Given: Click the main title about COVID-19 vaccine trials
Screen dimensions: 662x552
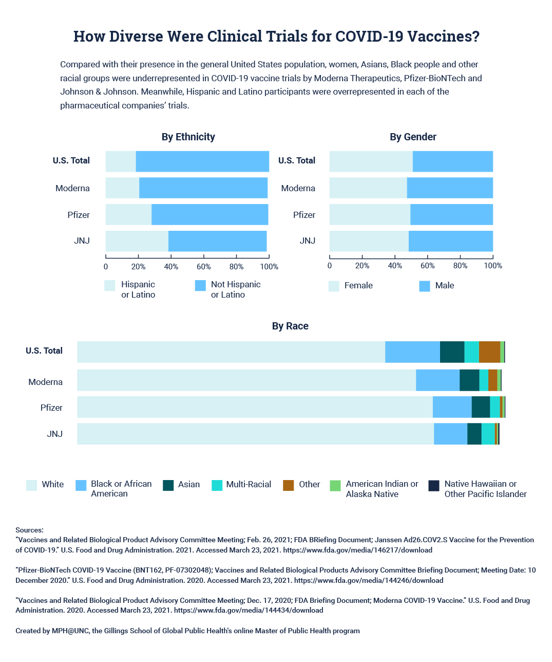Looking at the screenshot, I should [x=276, y=36].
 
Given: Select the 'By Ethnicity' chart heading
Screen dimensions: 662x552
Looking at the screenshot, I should [x=188, y=137].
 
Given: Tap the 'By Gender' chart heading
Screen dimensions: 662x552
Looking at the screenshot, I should [x=413, y=137].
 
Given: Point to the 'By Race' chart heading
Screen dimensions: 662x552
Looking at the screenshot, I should [x=290, y=326].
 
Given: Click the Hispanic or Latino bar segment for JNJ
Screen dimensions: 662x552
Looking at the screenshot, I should [x=137, y=241].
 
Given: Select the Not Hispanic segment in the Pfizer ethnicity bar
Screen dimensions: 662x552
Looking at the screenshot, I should [x=210, y=214].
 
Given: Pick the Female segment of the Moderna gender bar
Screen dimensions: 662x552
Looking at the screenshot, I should [x=368, y=188].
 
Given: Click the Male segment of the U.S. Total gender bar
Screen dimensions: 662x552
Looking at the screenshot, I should [x=452, y=161].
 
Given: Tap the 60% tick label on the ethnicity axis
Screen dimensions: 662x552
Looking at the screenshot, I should [x=203, y=267].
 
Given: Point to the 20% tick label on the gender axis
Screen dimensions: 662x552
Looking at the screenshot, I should [x=362, y=266].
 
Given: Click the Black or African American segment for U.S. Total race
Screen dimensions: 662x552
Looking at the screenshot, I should [x=412, y=352].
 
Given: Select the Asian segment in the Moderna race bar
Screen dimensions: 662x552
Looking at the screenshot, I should [x=469, y=380].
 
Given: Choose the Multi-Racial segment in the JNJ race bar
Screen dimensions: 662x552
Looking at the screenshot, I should [x=488, y=434].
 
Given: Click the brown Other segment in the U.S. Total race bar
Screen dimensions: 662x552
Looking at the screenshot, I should [x=489, y=352].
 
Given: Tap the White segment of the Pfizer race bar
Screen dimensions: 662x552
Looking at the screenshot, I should [x=255, y=407].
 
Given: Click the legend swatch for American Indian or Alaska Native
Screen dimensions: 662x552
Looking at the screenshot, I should [x=335, y=485].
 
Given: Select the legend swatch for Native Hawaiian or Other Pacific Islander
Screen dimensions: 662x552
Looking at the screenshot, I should [x=434, y=485].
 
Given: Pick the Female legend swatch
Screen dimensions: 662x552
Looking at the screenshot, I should [x=334, y=286].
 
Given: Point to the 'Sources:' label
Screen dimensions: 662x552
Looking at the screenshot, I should [x=30, y=530].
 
